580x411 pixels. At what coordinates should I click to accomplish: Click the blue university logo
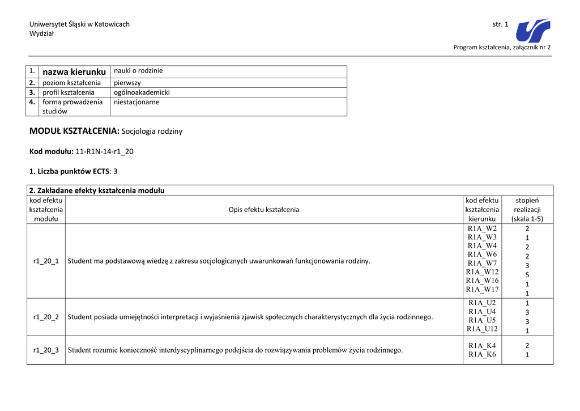click(x=533, y=31)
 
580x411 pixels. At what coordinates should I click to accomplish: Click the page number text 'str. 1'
click(x=501, y=24)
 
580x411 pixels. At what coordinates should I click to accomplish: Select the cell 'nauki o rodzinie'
click(x=138, y=71)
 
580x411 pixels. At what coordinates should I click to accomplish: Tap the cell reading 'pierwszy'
click(x=127, y=83)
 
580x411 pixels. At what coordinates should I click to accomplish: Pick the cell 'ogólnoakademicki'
click(x=142, y=92)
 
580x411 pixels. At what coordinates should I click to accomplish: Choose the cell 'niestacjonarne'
click(x=137, y=102)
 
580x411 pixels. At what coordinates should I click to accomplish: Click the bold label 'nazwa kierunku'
click(x=74, y=72)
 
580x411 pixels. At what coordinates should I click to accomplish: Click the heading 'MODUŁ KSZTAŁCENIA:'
click(x=74, y=131)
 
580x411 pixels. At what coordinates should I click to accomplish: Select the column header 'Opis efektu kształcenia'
click(x=264, y=210)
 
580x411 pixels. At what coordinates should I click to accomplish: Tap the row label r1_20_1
click(x=46, y=261)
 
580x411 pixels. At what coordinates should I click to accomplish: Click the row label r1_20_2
click(x=46, y=317)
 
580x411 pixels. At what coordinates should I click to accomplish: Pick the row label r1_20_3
click(x=46, y=350)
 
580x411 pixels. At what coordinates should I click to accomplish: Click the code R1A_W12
click(x=482, y=272)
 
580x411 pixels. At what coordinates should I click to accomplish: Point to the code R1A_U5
click(x=482, y=320)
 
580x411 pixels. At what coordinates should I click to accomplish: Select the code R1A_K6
click(x=482, y=354)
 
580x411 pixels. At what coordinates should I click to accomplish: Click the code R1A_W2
click(x=482, y=228)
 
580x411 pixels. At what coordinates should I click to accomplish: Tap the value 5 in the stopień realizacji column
click(x=527, y=275)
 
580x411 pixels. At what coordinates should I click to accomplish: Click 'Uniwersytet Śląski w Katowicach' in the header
click(x=79, y=24)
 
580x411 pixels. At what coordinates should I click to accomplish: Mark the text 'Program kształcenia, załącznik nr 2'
click(x=502, y=47)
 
